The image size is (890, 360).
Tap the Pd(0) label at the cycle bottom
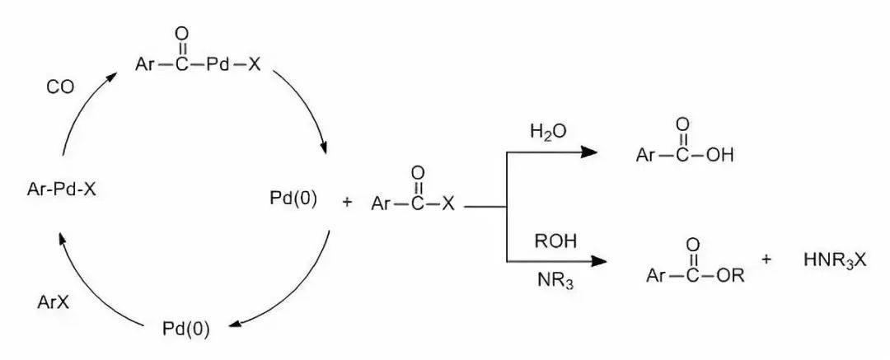coord(185,330)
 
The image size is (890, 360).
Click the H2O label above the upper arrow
coord(549,132)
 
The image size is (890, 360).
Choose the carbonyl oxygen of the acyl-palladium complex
coord(182,35)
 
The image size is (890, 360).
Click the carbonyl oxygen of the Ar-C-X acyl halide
coord(418,174)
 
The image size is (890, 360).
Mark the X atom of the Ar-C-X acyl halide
coord(447,203)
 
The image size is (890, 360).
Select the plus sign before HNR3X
coord(766,259)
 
